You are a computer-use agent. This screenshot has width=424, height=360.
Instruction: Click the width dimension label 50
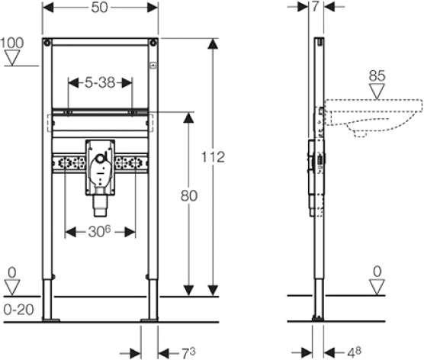[99, 8]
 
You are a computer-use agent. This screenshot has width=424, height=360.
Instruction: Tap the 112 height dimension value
[214, 157]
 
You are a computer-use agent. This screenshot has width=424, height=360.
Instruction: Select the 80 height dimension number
[189, 195]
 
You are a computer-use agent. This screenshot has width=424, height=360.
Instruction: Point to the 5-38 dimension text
[100, 82]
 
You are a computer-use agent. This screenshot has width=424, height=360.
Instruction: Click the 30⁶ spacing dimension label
[99, 232]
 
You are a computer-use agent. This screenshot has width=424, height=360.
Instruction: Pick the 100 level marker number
[12, 43]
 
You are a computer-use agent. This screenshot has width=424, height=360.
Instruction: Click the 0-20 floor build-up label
[19, 310]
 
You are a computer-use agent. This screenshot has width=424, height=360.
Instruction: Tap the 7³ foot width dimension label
[188, 353]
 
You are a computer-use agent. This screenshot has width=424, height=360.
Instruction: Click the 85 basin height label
[377, 76]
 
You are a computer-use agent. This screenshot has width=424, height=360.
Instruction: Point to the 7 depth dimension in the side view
[315, 7]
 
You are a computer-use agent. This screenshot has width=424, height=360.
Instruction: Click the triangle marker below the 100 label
[12, 58]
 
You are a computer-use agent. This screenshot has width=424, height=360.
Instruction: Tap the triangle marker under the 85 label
[377, 92]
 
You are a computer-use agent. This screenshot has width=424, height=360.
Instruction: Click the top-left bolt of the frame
[47, 43]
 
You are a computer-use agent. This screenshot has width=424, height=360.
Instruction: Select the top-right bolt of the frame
[153, 43]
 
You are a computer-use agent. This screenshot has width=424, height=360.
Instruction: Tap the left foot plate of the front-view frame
[51, 320]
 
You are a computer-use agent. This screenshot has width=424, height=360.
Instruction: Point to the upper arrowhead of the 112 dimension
[213, 43]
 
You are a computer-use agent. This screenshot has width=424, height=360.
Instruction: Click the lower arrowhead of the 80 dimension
[189, 291]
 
